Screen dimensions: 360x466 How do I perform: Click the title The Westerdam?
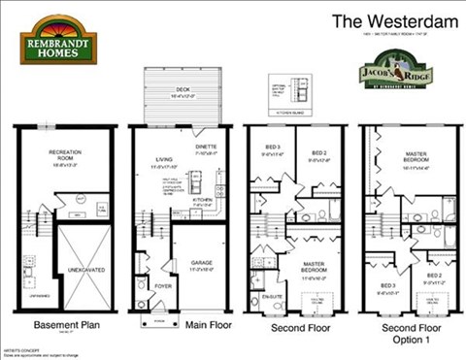coord(382,20)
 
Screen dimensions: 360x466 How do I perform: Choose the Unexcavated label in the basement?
coord(66,266)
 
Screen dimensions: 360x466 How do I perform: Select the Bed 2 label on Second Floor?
coord(318,153)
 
